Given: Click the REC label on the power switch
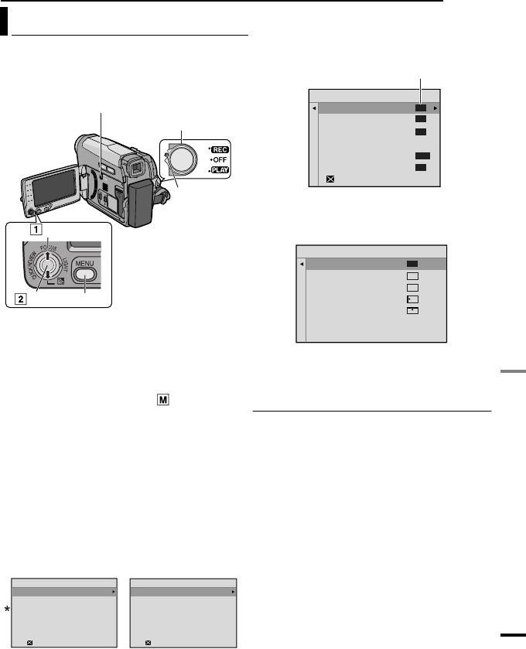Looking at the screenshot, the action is point(218,149).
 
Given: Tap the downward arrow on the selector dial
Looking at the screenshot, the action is point(49,274).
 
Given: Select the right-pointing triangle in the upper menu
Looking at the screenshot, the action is point(436,108).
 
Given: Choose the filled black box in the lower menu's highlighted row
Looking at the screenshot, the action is point(412,264).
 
